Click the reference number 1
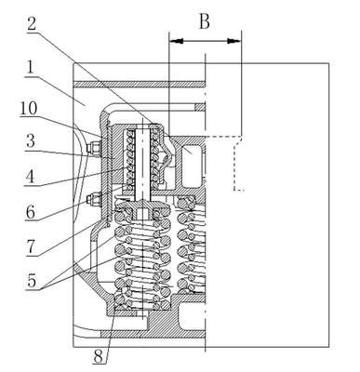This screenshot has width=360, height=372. (x=31, y=68)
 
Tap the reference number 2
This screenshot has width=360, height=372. (x=32, y=23)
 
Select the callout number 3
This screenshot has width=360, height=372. (x=30, y=141)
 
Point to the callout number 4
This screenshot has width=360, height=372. (x=30, y=177)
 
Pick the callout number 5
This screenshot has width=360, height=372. (x=32, y=281)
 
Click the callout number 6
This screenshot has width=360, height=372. (x=31, y=212)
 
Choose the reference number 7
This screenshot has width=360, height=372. (x=31, y=248)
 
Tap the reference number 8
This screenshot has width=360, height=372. (x=98, y=357)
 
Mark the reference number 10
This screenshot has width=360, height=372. (x=29, y=109)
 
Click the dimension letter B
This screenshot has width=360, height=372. (x=205, y=21)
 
